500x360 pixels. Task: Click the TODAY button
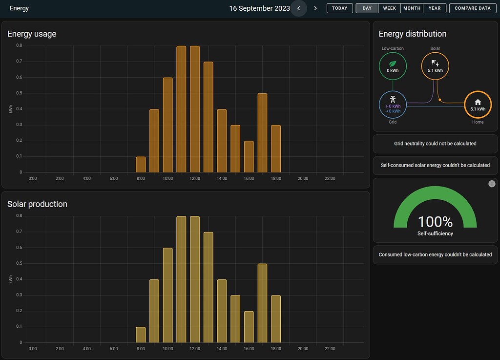tap(340, 8)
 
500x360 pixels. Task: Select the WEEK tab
tap(389, 8)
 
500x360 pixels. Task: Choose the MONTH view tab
tap(412, 8)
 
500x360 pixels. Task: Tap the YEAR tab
tap(434, 8)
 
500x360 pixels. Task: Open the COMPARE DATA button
tap(473, 8)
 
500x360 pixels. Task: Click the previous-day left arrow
tap(299, 8)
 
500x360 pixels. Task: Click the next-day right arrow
tap(315, 8)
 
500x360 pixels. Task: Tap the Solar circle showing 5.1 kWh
tap(435, 66)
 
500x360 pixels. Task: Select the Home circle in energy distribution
tap(478, 105)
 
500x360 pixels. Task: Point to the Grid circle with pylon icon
tap(393, 105)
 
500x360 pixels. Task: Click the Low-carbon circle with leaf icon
tap(393, 66)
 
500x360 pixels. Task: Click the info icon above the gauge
tap(492, 184)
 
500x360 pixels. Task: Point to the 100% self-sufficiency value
tap(435, 222)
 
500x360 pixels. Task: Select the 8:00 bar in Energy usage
tap(141, 165)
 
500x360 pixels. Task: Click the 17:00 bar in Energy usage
tap(262, 133)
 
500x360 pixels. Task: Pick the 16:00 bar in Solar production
tap(249, 327)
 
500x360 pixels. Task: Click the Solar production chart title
tap(37, 204)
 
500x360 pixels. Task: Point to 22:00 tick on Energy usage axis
tap(330, 179)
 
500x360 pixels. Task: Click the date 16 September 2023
tap(259, 8)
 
